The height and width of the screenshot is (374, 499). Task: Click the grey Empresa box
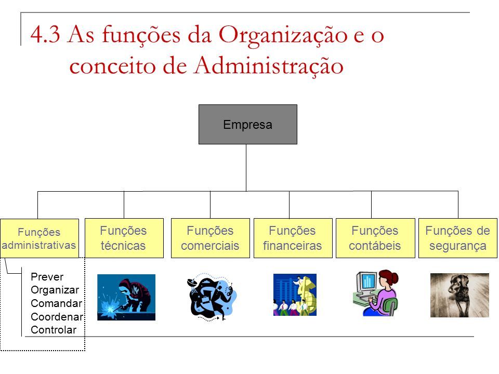[x=247, y=124]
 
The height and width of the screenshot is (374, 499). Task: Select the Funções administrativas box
[x=40, y=238]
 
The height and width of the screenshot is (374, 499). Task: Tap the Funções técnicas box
[x=124, y=238]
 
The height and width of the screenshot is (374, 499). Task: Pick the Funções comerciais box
[x=211, y=238]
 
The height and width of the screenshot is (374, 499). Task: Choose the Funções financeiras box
[x=293, y=238]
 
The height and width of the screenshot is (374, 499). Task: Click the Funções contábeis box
[x=375, y=238]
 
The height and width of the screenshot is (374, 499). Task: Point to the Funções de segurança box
[x=457, y=238]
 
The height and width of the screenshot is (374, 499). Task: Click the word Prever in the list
[x=47, y=277]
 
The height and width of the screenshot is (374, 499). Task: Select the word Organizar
[x=55, y=290]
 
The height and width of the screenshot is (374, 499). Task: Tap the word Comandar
[x=56, y=303]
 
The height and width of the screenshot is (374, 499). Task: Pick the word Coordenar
[x=57, y=317]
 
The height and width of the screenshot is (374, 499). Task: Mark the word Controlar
[x=54, y=330]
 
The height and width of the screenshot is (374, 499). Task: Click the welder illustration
[x=126, y=297]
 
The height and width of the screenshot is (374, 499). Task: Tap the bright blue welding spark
[x=109, y=307]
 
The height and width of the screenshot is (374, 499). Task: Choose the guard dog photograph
[x=459, y=295]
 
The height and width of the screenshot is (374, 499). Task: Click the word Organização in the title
[x=283, y=35]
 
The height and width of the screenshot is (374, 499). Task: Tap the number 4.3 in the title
[x=45, y=34]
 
